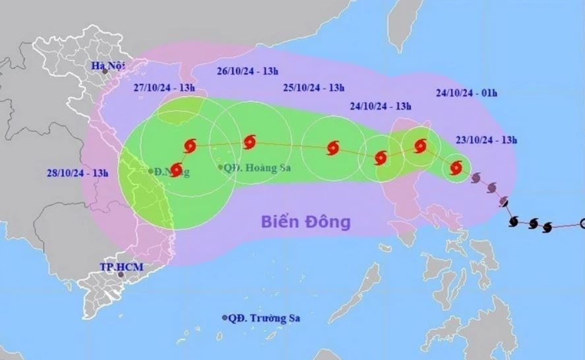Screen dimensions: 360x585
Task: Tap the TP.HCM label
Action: point(122,266)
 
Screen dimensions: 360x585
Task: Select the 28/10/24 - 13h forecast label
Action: point(77,173)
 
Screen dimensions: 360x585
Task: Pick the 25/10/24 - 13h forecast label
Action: point(314,87)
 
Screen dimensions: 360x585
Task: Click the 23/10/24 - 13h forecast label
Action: point(485,139)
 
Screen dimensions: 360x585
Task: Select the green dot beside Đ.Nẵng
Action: point(151,171)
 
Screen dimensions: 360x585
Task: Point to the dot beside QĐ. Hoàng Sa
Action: point(220,167)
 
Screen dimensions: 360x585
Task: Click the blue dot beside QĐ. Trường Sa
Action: point(226,318)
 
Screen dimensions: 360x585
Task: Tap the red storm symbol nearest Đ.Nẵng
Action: point(177,169)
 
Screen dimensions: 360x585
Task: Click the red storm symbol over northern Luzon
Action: point(420,146)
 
